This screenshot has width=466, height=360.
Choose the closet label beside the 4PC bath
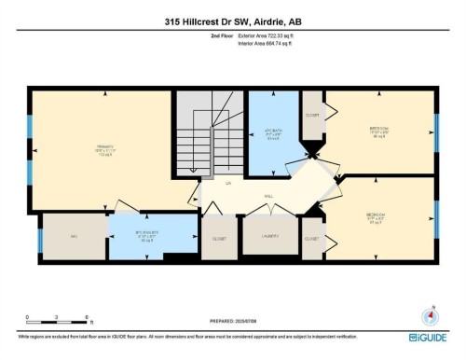point(312,118)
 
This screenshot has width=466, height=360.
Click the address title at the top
point(232,16)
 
